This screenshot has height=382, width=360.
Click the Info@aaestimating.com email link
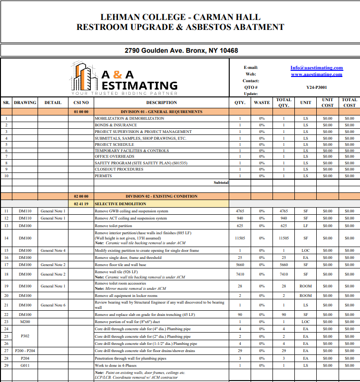click(316, 67)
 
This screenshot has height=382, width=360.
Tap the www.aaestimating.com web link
click(316, 74)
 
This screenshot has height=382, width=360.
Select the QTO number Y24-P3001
click(316, 87)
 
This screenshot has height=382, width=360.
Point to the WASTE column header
click(262, 102)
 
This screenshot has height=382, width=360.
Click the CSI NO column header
click(81, 102)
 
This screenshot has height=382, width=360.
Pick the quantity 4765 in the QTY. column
click(240, 211)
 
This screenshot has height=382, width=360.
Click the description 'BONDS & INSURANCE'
click(116, 125)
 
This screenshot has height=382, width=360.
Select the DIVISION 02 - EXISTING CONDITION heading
click(161, 196)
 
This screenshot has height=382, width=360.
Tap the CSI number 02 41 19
click(81, 203)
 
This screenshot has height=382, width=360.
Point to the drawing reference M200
click(25, 322)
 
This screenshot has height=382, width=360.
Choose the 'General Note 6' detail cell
click(53, 305)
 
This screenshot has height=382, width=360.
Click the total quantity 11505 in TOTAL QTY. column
click(283, 238)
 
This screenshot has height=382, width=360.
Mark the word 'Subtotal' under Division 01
click(221, 182)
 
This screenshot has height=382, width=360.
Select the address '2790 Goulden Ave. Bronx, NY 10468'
click(181, 50)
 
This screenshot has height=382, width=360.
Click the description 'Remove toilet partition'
click(113, 226)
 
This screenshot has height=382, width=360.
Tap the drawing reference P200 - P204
click(25, 350)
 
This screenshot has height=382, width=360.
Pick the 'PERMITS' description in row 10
click(103, 176)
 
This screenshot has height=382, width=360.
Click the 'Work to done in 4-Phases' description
click(116, 365)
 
